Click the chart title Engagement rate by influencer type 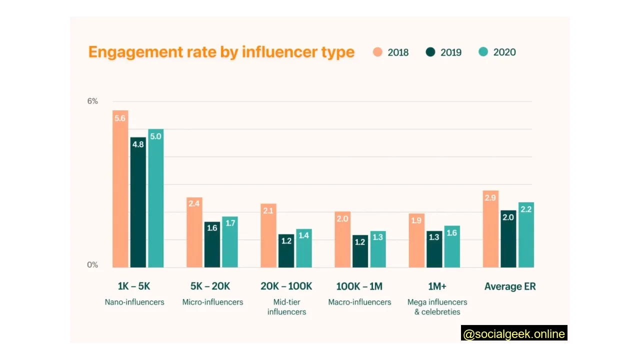(221, 52)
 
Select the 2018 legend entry (391, 52)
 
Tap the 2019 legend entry (443, 52)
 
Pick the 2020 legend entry (497, 52)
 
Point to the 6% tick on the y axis (92, 101)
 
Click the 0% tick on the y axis (92, 265)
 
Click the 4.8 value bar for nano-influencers (138, 202)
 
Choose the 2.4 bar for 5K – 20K (194, 232)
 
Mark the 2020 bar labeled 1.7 (230, 242)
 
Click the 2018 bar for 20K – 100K (268, 235)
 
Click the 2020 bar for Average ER (526, 235)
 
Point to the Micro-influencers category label (212, 302)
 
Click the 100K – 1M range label (359, 286)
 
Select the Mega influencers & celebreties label (437, 307)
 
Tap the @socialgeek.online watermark (514, 334)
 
